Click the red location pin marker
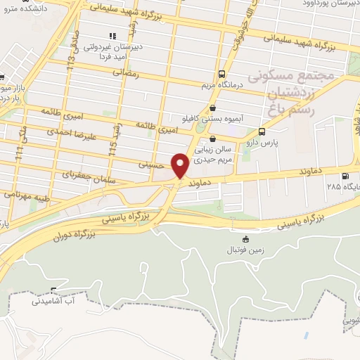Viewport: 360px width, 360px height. (x=180, y=165)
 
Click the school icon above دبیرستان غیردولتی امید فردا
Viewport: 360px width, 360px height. (x=111, y=35)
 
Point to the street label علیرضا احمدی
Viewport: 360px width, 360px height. (x=70, y=131)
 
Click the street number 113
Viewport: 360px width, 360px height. (x=70, y=63)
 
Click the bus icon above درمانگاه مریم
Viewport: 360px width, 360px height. (x=222, y=74)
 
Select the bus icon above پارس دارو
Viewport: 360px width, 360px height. (x=262, y=131)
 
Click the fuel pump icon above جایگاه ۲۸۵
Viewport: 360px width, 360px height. (x=344, y=176)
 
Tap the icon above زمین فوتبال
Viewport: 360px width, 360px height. (x=245, y=240)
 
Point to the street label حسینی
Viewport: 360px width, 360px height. (x=153, y=163)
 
